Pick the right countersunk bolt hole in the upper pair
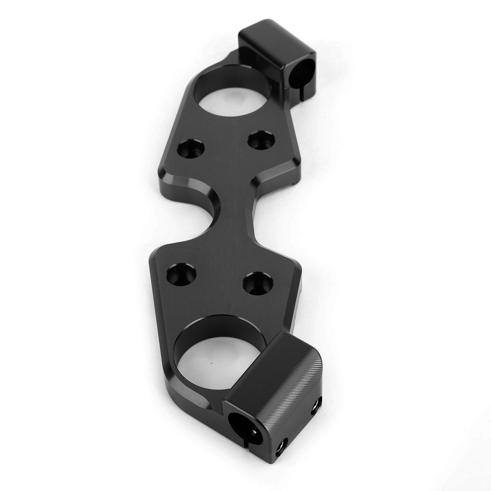261,140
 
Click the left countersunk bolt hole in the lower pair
181,275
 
